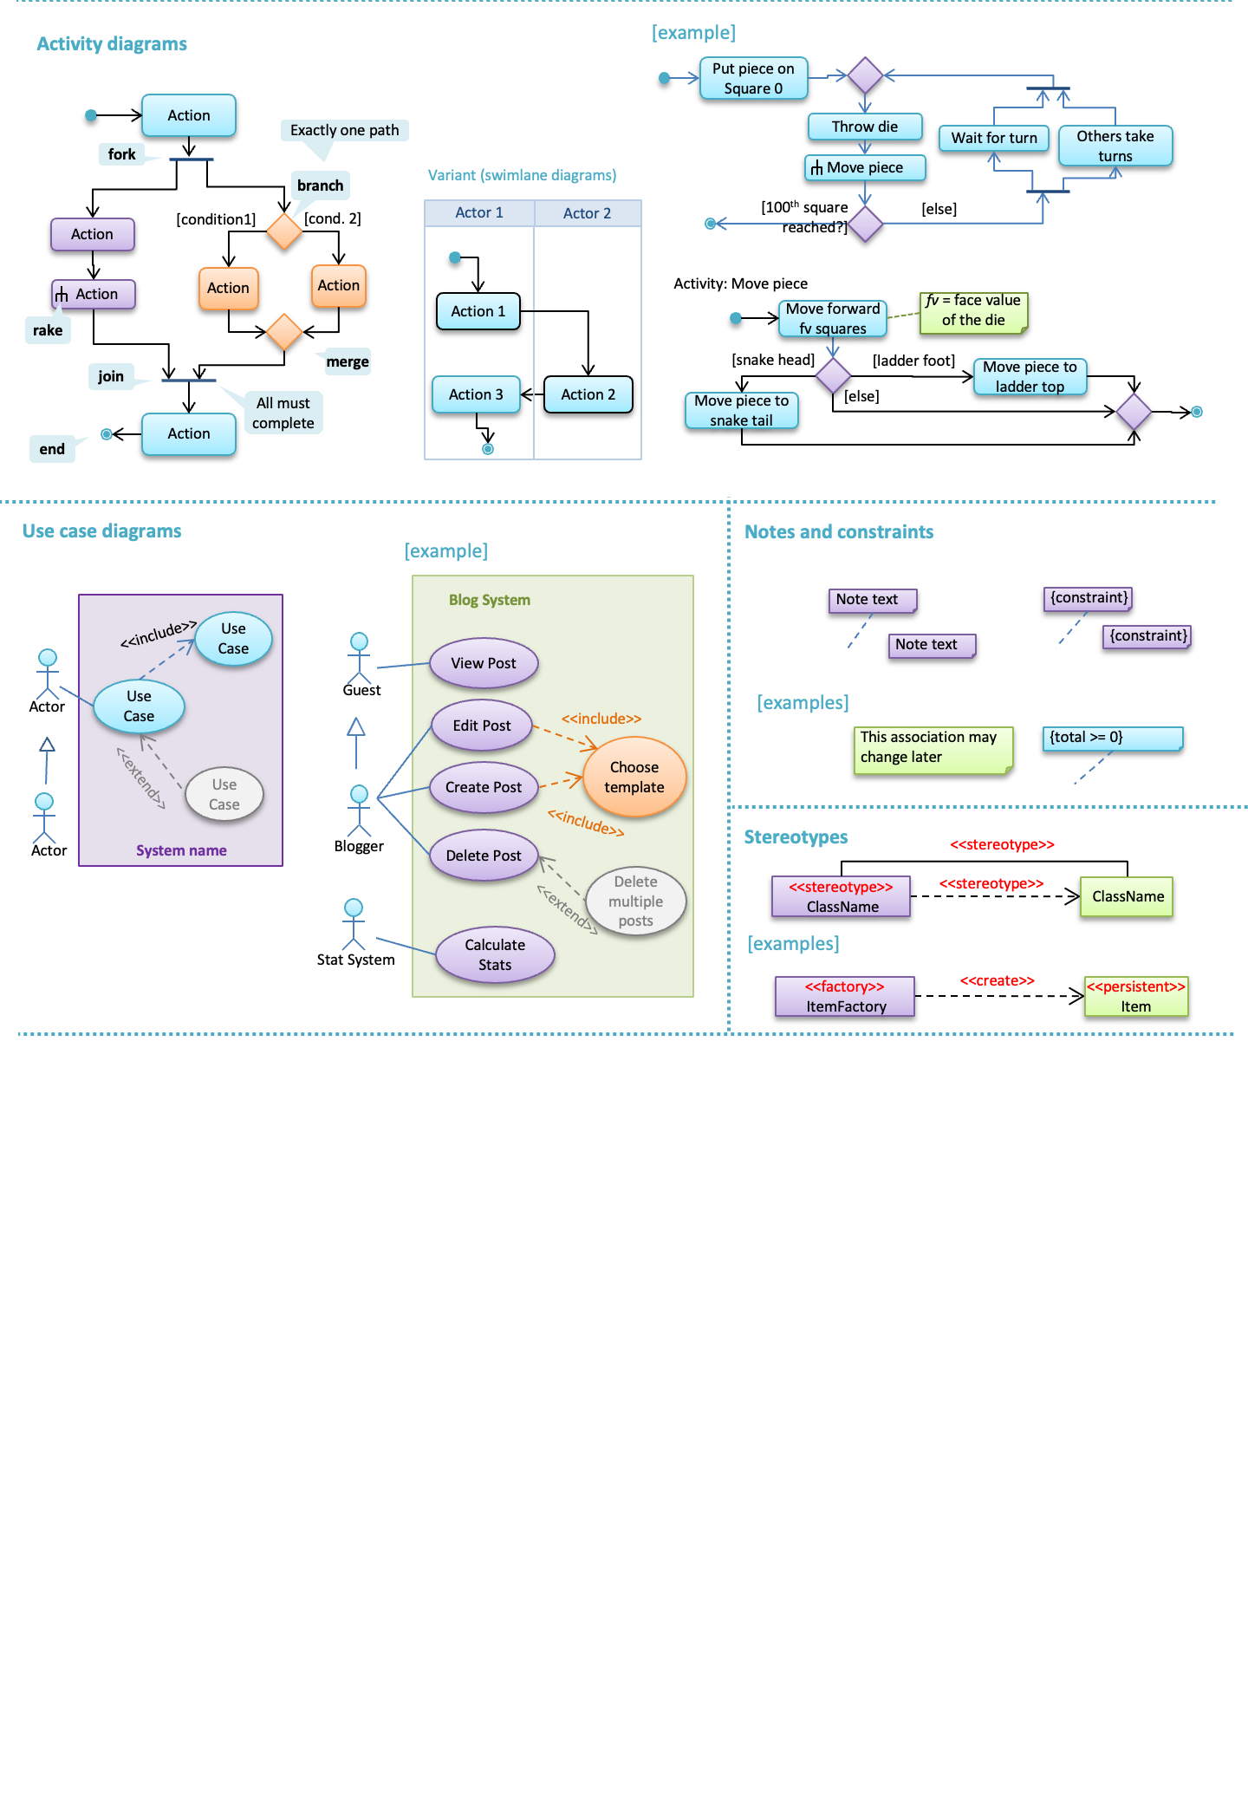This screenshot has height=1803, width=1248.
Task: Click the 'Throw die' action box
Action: pyautogui.click(x=865, y=127)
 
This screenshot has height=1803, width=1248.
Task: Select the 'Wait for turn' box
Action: pyautogui.click(x=994, y=138)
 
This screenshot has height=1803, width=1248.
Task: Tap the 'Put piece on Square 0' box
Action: pyautogui.click(x=753, y=78)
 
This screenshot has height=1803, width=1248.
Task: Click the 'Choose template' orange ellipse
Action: pyautogui.click(x=634, y=777)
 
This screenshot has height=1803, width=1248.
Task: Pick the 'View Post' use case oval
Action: pyautogui.click(x=484, y=663)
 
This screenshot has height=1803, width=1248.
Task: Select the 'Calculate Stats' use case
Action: pyautogui.click(x=495, y=955)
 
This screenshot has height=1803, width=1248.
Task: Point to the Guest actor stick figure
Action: pyautogui.click(x=359, y=658)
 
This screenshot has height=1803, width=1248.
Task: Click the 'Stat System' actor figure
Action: pyautogui.click(x=354, y=925)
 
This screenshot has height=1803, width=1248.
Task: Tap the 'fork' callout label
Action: pyautogui.click(x=121, y=154)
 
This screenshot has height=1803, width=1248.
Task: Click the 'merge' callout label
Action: pyautogui.click(x=348, y=362)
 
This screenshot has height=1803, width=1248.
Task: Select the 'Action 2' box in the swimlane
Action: pyautogui.click(x=588, y=394)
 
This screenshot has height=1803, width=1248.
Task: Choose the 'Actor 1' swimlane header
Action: pyautogui.click(x=479, y=213)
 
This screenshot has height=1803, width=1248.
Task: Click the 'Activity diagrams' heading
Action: pyautogui.click(x=112, y=44)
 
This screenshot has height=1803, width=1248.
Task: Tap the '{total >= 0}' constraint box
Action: pyautogui.click(x=1113, y=739)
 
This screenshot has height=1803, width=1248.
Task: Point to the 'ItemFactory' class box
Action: pyautogui.click(x=845, y=997)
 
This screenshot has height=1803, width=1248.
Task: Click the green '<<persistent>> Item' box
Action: pyautogui.click(x=1136, y=997)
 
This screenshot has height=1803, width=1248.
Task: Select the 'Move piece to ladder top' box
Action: pyautogui.click(x=1030, y=377)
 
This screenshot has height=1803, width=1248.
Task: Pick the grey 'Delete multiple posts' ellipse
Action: pyautogui.click(x=636, y=901)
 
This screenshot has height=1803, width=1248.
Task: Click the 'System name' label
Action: pyautogui.click(x=181, y=851)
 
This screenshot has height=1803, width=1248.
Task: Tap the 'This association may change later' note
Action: pyautogui.click(x=933, y=749)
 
